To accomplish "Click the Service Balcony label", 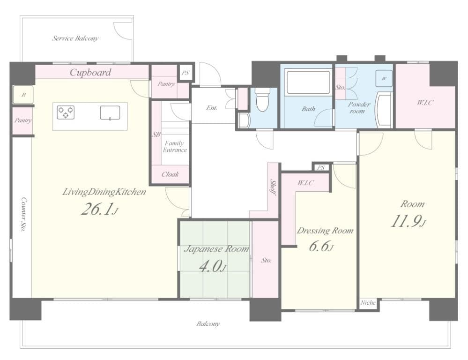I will click(x=75, y=38).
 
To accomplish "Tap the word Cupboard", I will click(x=90, y=72).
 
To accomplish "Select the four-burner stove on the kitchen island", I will click(x=66, y=112).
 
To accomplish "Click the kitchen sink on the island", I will click(x=110, y=112).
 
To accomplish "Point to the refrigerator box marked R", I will click(x=23, y=95).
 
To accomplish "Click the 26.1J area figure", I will click(x=99, y=210).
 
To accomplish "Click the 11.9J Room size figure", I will click(x=408, y=221).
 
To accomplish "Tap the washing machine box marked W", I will click(x=384, y=78).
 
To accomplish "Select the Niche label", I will click(x=368, y=303).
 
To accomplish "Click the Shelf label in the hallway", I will click(x=273, y=190).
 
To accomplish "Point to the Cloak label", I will click(x=170, y=174).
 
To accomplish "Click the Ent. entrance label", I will click(x=212, y=108).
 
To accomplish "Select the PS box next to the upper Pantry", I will click(x=186, y=73).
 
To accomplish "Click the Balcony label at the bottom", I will click(x=208, y=324).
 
